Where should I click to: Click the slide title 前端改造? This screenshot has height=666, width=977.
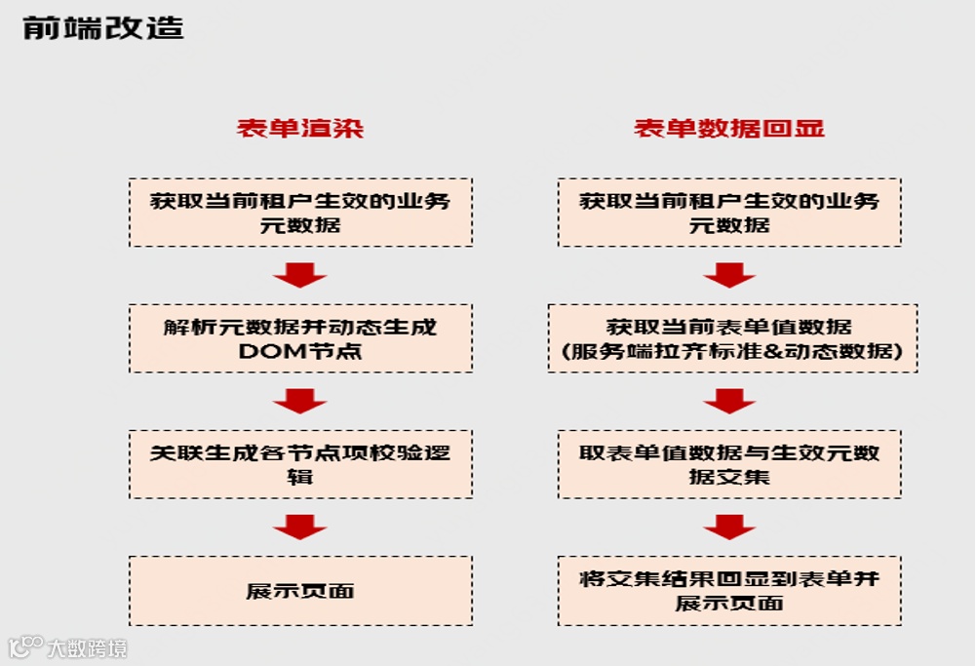point(102,27)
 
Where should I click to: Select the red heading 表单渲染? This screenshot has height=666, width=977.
point(300,129)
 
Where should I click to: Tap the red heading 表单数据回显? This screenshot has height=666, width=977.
point(729,129)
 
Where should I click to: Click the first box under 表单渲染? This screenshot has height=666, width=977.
point(300,212)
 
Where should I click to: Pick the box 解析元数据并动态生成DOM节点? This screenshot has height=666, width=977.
point(300,337)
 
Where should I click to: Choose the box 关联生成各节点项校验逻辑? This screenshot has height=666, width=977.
point(300,464)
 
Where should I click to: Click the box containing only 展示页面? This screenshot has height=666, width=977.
point(300,590)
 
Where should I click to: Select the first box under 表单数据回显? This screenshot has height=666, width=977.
point(729,212)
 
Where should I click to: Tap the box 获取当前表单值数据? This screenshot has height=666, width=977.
point(732,337)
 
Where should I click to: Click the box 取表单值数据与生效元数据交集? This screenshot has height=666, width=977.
point(729,464)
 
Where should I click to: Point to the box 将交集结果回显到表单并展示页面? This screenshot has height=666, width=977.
point(729,590)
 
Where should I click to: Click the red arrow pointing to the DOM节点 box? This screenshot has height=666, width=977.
point(299,276)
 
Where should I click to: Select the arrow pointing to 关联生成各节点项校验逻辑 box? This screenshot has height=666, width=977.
point(299,401)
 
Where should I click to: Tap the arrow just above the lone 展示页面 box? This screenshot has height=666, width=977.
point(299,528)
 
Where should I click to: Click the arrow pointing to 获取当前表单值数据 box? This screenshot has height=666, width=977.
point(729,276)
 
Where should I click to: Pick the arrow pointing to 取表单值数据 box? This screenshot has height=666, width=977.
point(729,401)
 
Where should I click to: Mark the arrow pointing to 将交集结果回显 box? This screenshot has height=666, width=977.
point(729,528)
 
